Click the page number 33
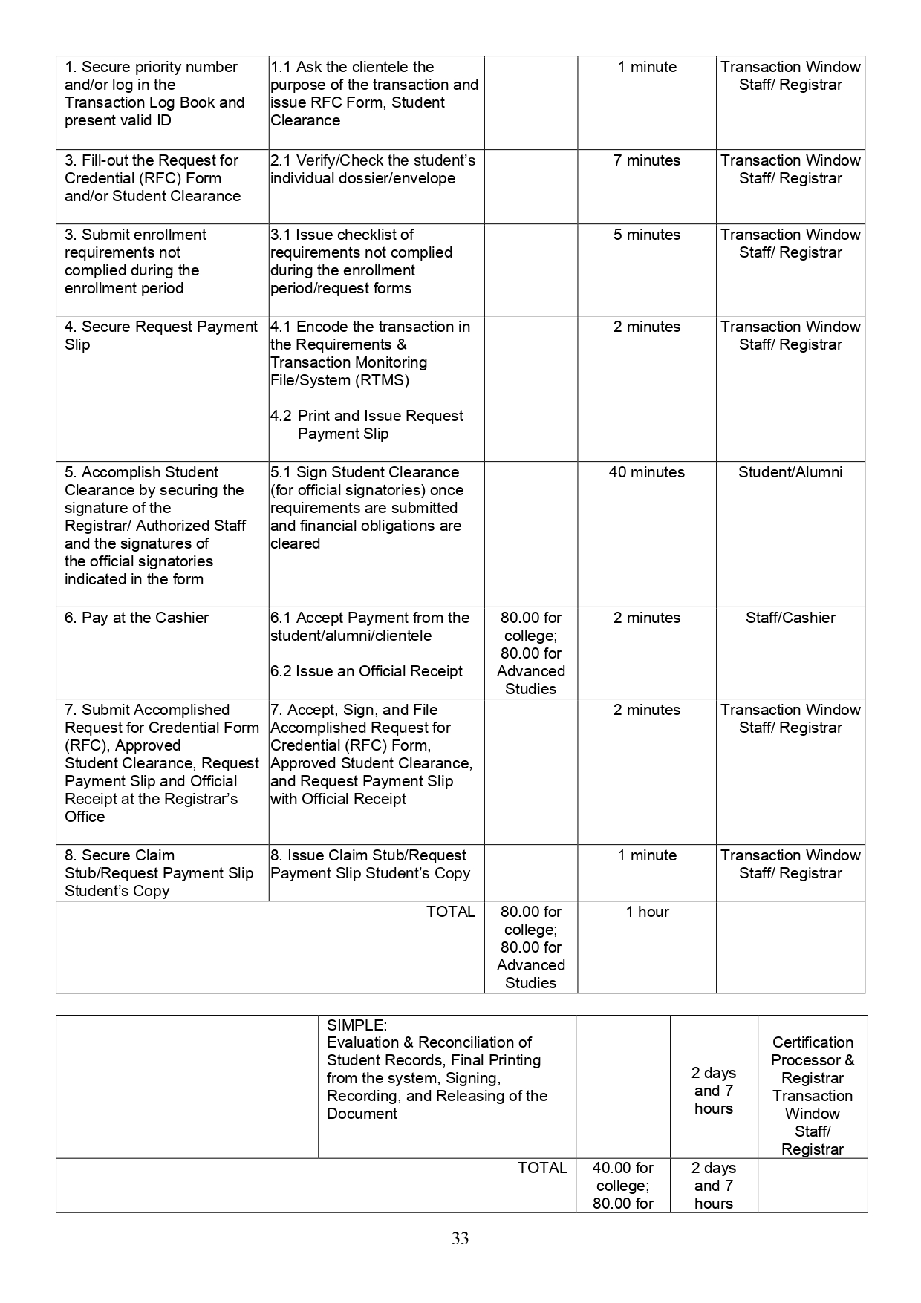click(460, 1238)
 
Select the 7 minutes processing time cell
click(646, 160)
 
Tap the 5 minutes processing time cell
click(646, 235)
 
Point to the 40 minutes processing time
click(646, 472)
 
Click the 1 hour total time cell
click(647, 912)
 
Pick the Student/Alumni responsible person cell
click(790, 472)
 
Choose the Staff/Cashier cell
click(790, 618)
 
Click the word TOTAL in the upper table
click(450, 912)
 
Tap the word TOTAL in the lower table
click(542, 1168)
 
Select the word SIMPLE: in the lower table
click(357, 1025)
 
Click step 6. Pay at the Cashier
click(137, 618)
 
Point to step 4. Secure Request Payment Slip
click(160, 336)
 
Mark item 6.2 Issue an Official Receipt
click(366, 671)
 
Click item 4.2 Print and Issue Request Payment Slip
click(367, 425)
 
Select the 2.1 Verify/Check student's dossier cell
click(373, 169)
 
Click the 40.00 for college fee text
click(622, 1177)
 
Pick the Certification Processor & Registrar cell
click(813, 1060)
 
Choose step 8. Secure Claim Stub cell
click(159, 873)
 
